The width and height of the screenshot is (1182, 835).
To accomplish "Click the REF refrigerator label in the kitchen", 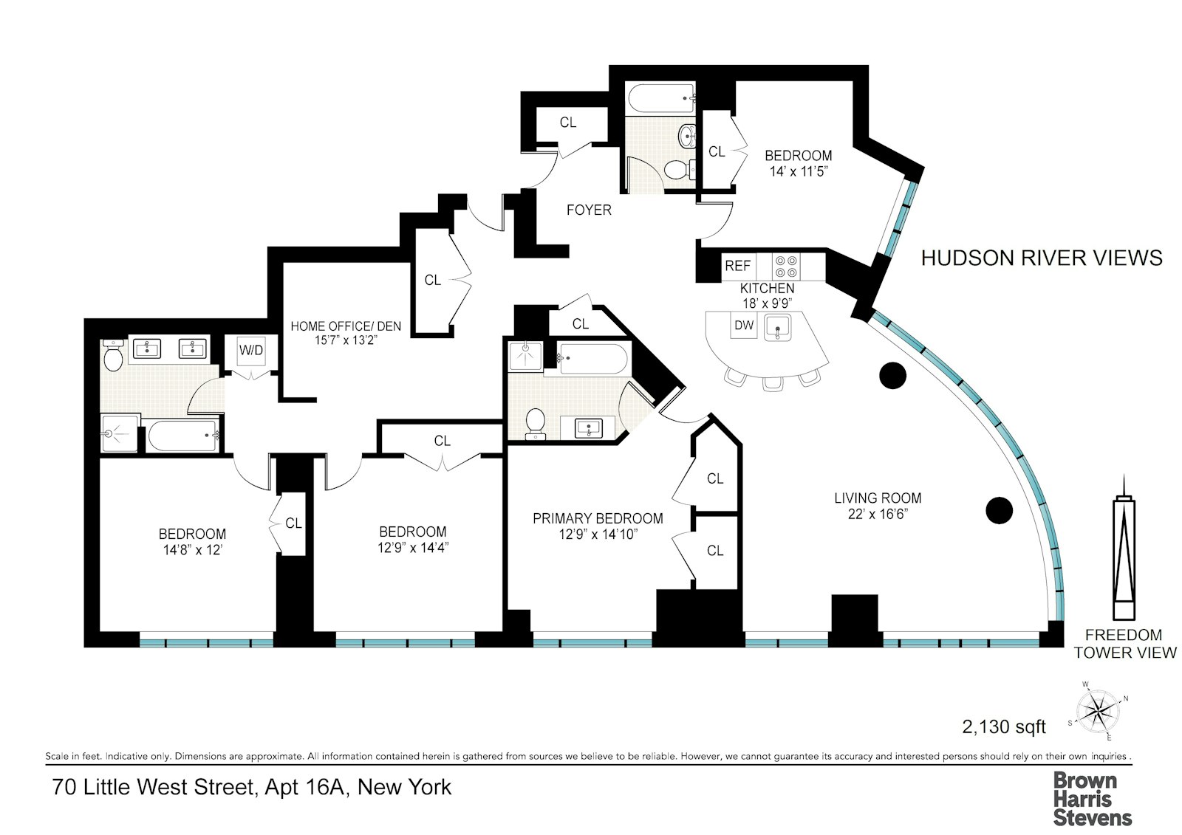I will tap(737, 266).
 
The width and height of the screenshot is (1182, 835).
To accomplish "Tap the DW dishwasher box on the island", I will tap(744, 325).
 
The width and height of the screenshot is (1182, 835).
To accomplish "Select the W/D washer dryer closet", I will tap(250, 351).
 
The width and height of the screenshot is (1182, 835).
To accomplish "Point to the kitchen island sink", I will tap(777, 325).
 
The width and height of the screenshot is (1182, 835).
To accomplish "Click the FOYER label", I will tap(589, 210).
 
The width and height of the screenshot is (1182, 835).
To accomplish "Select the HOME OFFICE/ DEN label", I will tap(346, 326).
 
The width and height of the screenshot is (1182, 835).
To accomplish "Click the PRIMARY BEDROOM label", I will tap(598, 518).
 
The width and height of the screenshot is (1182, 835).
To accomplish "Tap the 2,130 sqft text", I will tap(1004, 726).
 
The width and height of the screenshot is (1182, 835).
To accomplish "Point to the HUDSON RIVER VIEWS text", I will tap(1042, 258).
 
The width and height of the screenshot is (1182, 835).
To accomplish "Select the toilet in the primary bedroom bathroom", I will tap(535, 423).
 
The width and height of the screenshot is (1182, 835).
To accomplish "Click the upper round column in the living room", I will tap(892, 375).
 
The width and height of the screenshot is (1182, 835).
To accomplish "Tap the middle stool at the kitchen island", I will tap(772, 381).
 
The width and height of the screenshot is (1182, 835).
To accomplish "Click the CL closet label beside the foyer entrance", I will tap(567, 123).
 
